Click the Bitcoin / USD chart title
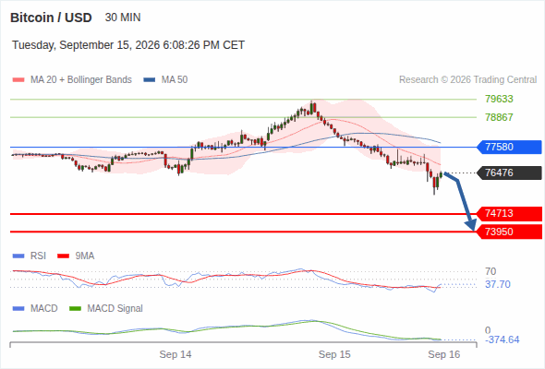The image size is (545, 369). (51, 18)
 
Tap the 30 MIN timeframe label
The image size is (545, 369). (123, 18)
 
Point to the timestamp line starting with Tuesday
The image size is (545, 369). (128, 45)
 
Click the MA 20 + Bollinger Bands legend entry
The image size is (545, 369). (72, 80)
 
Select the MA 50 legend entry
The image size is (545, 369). (165, 80)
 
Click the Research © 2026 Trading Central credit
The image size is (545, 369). (467, 80)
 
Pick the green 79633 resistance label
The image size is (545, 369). (499, 99)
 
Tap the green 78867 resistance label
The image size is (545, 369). (499, 117)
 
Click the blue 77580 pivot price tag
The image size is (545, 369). (509, 147)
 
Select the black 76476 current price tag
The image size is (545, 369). (509, 173)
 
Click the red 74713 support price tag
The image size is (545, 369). (509, 213)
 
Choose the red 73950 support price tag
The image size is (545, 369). (509, 232)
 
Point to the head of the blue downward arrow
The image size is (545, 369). (473, 230)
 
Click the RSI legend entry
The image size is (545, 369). (30, 256)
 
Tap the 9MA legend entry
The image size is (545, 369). (76, 256)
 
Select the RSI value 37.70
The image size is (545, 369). (498, 284)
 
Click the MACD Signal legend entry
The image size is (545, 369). (106, 308)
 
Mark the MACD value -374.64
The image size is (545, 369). (503, 339)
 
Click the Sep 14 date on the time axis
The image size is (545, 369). (176, 354)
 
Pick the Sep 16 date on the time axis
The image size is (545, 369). (444, 354)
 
